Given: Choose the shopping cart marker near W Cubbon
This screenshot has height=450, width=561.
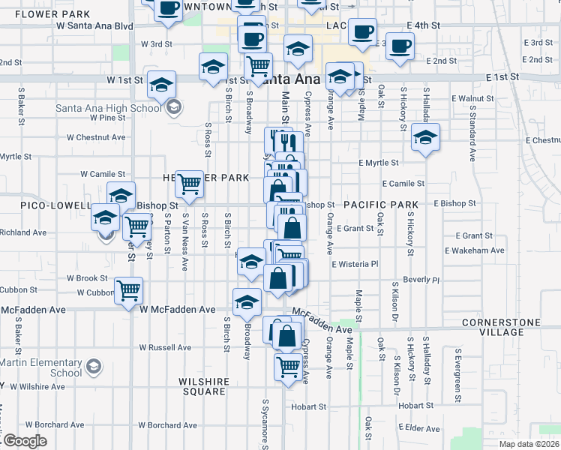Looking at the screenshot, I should click(129, 289).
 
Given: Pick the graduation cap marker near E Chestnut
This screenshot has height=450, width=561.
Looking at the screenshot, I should click(425, 138).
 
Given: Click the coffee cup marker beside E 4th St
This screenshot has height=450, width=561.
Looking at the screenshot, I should click(362, 32).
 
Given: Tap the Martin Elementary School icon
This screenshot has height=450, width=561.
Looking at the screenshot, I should click(94, 367).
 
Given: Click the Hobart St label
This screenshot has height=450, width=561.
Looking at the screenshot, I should click(306, 406).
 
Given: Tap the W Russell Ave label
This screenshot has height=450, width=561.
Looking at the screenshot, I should click(165, 347).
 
